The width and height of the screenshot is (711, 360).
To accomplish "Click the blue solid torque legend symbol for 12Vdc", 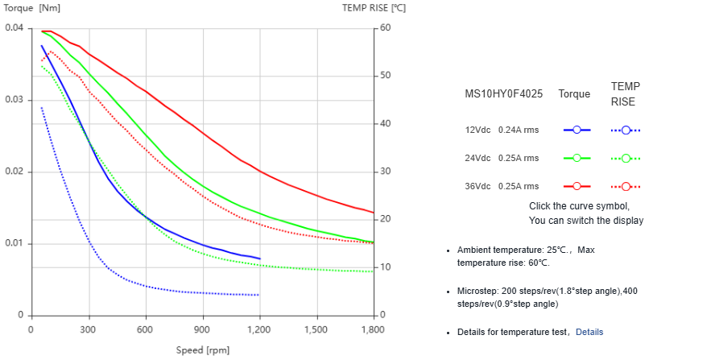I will [x=577, y=130].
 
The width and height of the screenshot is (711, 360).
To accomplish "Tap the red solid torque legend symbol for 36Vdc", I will [x=577, y=186].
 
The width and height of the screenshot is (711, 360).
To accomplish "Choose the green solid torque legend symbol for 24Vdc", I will [x=577, y=158].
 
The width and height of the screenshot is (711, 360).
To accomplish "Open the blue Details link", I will [x=589, y=332].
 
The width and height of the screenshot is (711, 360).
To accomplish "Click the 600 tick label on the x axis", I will [x=145, y=329].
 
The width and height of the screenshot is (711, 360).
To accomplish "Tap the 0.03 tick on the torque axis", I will [x=14, y=100].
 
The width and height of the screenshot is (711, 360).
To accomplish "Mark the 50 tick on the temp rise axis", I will [x=386, y=76].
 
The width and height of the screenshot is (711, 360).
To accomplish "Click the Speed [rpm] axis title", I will [x=203, y=350].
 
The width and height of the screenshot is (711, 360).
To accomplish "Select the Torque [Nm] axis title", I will [x=33, y=9].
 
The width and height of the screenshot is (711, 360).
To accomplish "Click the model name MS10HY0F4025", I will [x=504, y=93].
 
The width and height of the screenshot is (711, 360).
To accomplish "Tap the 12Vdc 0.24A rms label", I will [x=502, y=130].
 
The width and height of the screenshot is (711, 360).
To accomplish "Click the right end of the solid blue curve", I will [x=260, y=259].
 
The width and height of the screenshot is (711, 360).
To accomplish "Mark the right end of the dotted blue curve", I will [x=258, y=295].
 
